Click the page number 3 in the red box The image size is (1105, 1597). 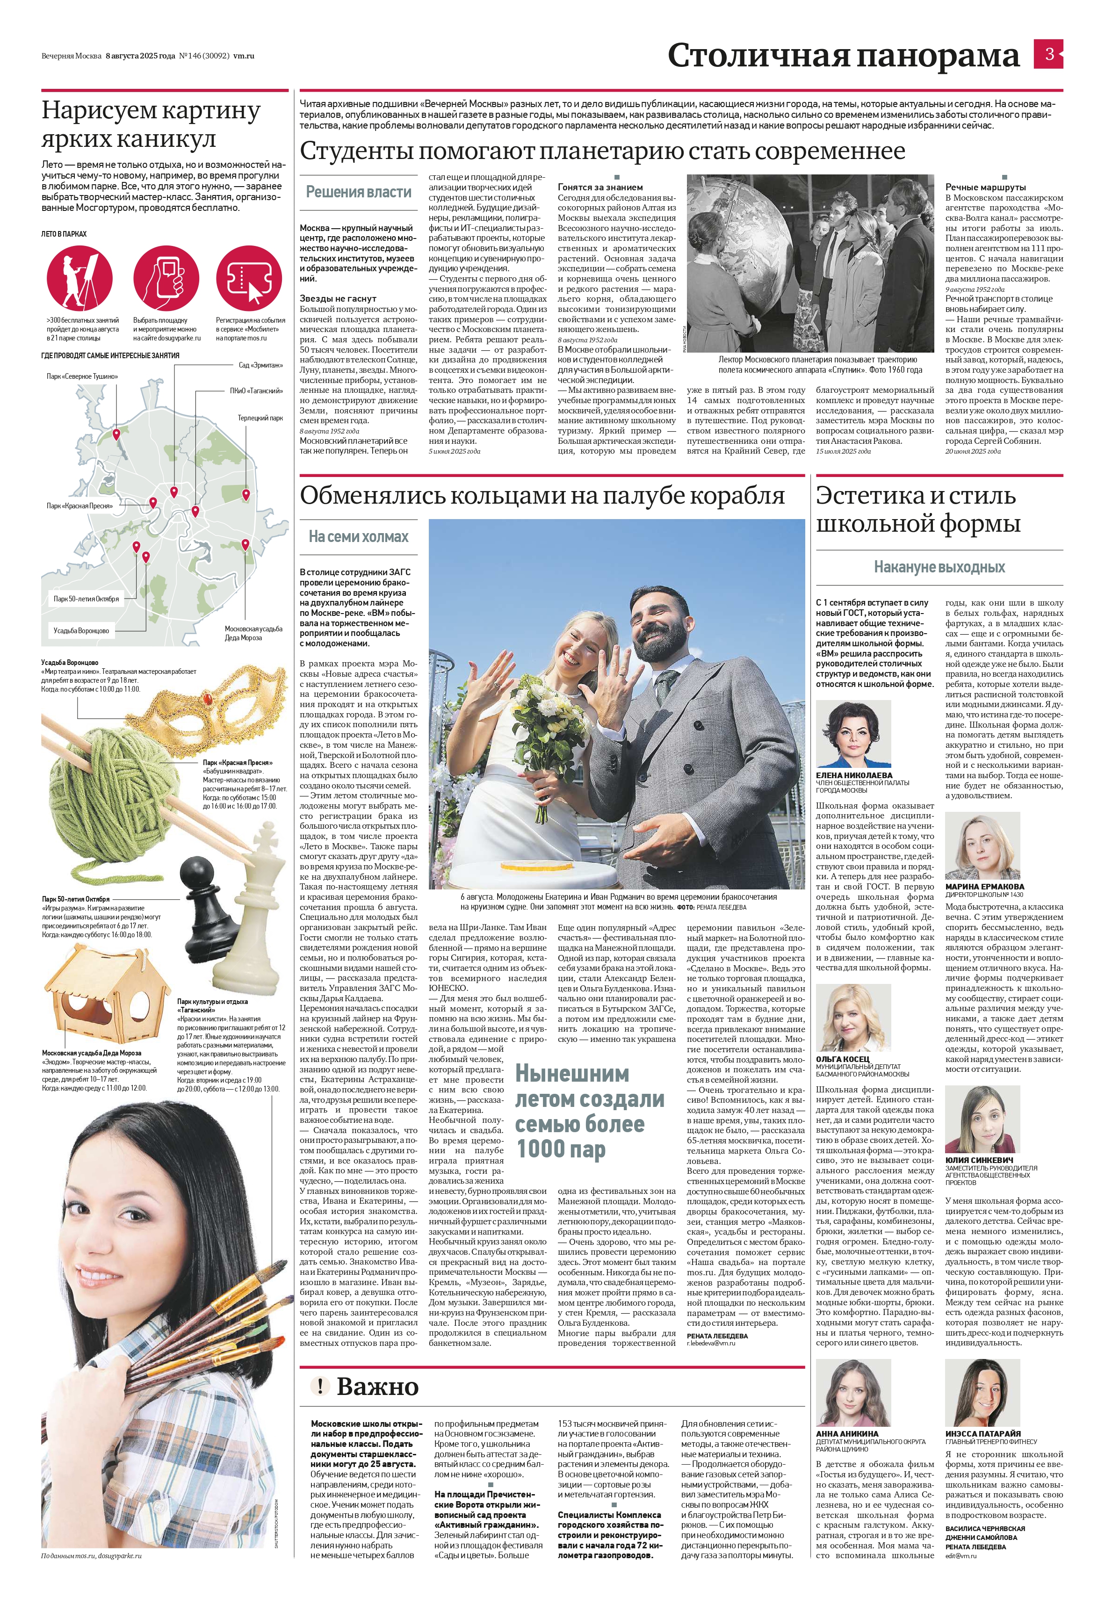1049,54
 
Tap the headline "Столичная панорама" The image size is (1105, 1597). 843,55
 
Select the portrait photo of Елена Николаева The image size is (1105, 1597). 854,733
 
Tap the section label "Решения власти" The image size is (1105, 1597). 359,192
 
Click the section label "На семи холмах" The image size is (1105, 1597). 359,536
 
